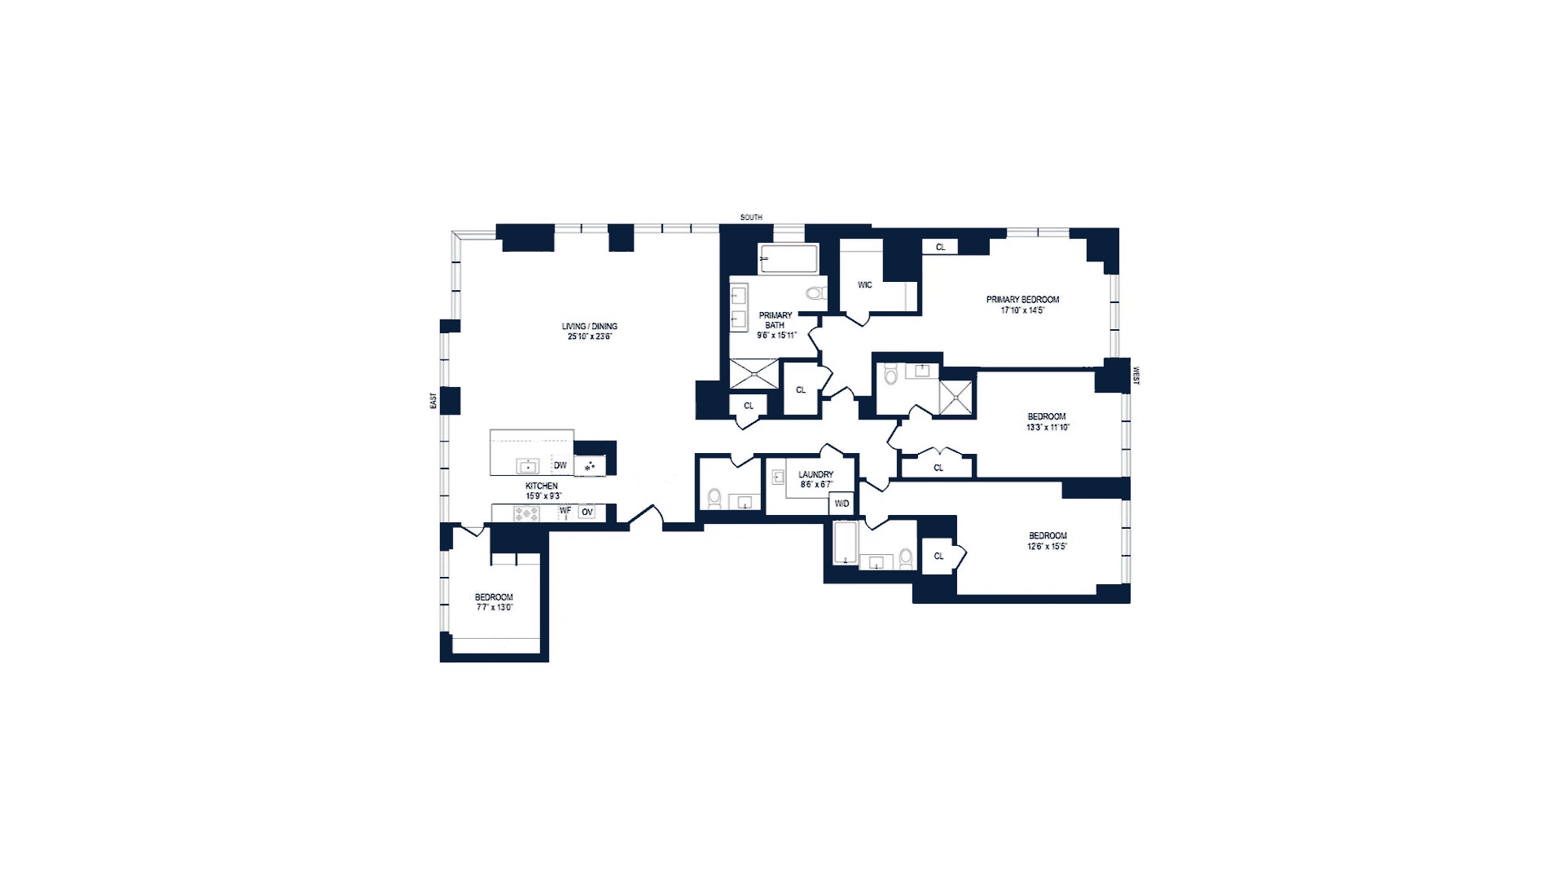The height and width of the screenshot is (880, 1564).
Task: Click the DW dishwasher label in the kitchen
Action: click(x=560, y=466)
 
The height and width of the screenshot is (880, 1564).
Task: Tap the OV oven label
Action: click(x=586, y=512)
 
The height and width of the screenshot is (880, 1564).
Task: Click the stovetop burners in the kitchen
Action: click(x=526, y=513)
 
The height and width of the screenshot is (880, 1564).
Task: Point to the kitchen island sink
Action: click(x=528, y=466)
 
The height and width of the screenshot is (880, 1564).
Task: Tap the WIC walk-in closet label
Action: click(x=865, y=285)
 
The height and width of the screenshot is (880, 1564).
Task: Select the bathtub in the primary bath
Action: click(x=788, y=258)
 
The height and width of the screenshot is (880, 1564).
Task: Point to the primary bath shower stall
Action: click(x=754, y=373)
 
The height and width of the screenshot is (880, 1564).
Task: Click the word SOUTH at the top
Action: click(x=751, y=218)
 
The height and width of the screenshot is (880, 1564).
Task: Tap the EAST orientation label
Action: click(x=433, y=401)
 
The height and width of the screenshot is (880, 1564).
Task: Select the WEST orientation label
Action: click(x=1136, y=376)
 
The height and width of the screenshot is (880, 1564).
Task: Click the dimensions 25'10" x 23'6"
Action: click(x=590, y=336)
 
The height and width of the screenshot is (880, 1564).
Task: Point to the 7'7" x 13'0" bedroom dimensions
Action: click(x=494, y=607)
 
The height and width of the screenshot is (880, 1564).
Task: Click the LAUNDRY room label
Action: click(x=815, y=474)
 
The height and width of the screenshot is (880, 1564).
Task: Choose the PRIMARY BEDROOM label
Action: click(x=1022, y=300)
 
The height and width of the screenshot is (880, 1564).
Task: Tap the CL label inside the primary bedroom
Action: click(x=940, y=247)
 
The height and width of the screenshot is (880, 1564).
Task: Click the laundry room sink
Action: click(x=777, y=478)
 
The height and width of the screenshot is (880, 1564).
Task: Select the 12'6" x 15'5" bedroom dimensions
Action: click(x=1048, y=546)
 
